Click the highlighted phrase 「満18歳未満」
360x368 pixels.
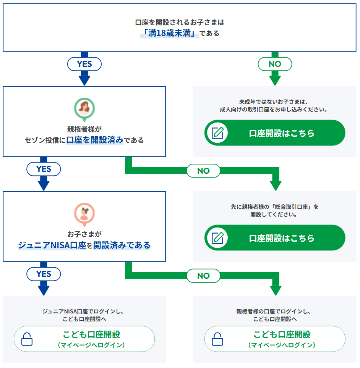click(x=169, y=33)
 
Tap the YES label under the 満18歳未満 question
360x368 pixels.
click(x=84, y=64)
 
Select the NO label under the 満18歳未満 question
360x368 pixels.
click(x=275, y=64)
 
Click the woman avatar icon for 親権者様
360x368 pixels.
click(x=84, y=108)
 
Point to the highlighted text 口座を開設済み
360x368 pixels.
click(x=95, y=140)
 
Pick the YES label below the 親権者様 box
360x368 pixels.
click(x=44, y=169)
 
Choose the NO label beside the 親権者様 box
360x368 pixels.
click(x=203, y=171)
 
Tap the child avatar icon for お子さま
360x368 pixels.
click(x=84, y=213)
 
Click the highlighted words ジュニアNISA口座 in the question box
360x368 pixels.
click(x=52, y=245)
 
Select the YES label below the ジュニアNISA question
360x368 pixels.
click(x=44, y=274)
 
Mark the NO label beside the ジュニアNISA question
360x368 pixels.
click(x=203, y=276)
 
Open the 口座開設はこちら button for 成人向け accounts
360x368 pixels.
click(x=275, y=133)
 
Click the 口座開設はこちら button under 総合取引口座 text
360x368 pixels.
click(x=275, y=238)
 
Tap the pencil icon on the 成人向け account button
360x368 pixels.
click(x=217, y=133)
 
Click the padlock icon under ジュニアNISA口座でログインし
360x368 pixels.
click(x=27, y=339)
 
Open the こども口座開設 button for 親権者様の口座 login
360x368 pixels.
click(x=275, y=339)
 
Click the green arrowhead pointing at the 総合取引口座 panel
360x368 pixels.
click(x=275, y=185)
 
